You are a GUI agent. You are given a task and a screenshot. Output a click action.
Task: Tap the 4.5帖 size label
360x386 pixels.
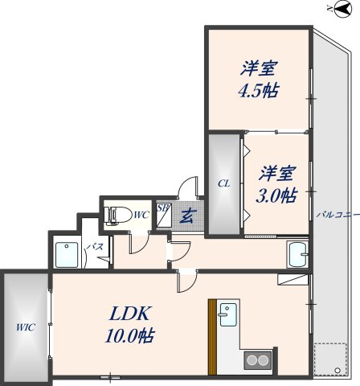point(258,91)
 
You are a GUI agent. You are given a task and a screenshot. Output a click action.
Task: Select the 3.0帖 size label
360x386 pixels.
point(276,195)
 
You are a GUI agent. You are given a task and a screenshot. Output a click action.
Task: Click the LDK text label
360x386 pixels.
point(129,313)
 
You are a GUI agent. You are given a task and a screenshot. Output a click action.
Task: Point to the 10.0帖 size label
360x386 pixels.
point(129,335)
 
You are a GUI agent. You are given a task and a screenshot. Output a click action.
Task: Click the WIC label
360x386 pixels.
point(26,327)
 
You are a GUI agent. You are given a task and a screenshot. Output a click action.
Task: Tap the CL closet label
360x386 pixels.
point(223,184)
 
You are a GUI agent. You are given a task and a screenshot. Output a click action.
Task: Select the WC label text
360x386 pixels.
point(141,215)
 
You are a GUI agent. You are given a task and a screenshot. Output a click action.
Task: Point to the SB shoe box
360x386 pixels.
point(163,216)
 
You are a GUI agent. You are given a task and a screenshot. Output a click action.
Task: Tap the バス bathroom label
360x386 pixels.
point(96,247)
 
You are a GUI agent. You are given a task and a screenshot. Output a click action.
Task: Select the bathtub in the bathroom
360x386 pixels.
point(67,255)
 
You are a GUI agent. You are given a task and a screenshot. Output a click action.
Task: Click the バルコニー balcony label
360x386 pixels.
point(338,215)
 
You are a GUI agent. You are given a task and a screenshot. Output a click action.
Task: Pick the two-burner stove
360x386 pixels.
point(257,360)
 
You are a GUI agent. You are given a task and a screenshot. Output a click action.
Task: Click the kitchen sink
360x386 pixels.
point(228,314)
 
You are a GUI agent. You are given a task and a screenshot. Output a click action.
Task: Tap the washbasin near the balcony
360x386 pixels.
point(297,255)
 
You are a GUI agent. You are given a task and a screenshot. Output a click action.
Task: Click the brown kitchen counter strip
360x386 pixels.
point(212,337)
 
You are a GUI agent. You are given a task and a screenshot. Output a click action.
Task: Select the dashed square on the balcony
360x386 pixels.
point(330,359)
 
